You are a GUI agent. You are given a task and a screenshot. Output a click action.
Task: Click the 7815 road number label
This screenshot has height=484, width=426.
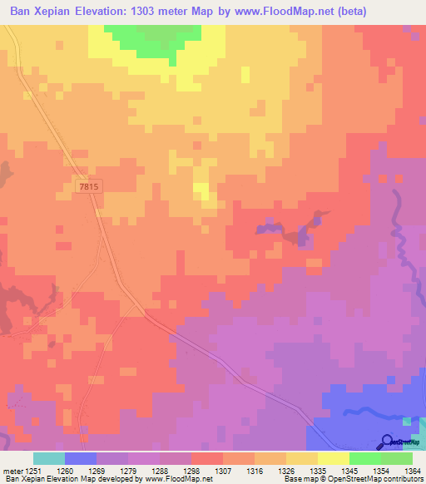(88, 187)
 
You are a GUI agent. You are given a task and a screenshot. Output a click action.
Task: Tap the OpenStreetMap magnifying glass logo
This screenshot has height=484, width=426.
(388, 442)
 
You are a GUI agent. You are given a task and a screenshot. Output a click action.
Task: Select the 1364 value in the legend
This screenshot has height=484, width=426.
(413, 471)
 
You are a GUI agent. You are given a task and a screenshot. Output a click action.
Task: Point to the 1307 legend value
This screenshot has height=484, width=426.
(223, 471)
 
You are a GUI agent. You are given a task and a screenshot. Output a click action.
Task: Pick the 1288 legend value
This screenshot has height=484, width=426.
(160, 471)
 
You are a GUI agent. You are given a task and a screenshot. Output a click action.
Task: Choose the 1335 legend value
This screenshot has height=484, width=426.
(318, 471)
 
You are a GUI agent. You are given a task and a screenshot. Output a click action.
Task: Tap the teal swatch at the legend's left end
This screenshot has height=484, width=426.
(48, 458)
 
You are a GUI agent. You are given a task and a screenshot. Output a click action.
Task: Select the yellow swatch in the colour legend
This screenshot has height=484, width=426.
(333, 458)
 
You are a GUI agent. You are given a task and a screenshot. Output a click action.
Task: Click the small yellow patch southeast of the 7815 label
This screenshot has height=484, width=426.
(202, 192)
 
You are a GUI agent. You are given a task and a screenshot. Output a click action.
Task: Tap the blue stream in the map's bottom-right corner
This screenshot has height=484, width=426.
(366, 408)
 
